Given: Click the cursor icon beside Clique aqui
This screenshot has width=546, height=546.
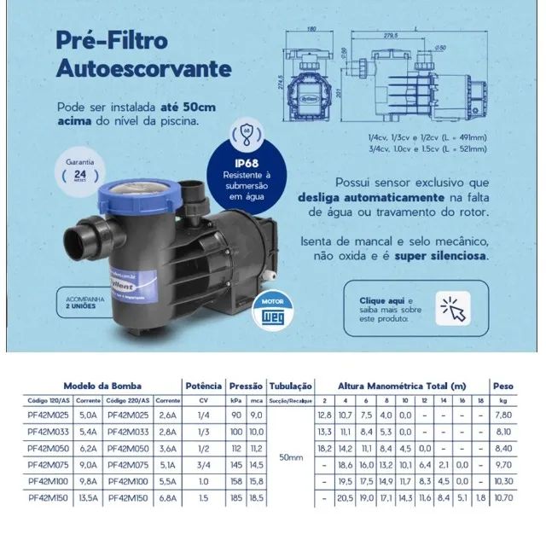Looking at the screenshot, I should click(452, 307).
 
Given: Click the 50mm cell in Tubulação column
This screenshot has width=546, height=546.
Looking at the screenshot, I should click(291, 457).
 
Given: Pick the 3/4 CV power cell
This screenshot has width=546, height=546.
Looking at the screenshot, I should click(203, 464).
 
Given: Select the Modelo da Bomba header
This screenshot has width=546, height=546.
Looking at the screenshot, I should click(102, 386).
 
